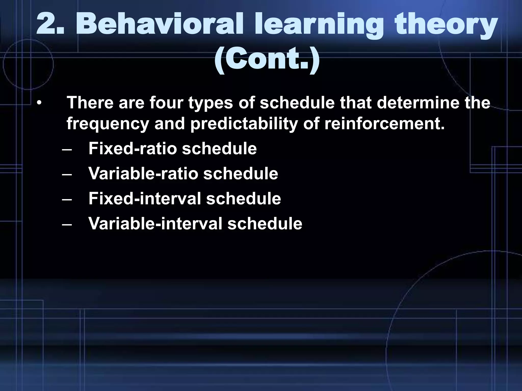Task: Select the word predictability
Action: (x=244, y=124)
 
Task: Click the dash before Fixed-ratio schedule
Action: (x=67, y=149)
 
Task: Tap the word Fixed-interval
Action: (x=145, y=199)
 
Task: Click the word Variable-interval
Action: (x=155, y=224)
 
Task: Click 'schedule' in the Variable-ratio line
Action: (x=241, y=174)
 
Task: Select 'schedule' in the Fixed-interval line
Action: (x=243, y=199)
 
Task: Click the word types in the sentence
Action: (x=211, y=103)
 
